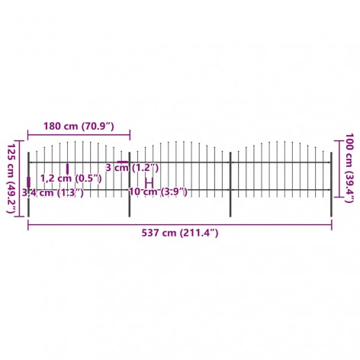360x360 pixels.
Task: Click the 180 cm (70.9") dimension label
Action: point(79,126)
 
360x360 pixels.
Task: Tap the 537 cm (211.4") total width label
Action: point(180,233)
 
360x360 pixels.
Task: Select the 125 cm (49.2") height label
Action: point(11,178)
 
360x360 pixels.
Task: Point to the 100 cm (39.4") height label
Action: point(349,168)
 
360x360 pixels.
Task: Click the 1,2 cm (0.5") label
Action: point(71,178)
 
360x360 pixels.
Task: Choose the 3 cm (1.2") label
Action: point(132,168)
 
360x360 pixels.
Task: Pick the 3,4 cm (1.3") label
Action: point(53,193)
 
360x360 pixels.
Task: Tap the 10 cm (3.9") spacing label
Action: point(159,191)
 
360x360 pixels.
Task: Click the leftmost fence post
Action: point(28,185)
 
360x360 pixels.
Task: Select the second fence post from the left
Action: point(130,185)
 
